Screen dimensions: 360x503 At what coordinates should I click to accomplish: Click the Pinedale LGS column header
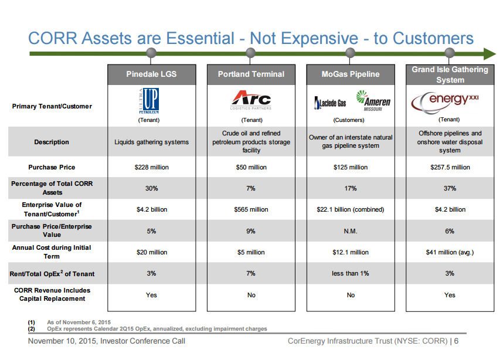[x=151, y=74]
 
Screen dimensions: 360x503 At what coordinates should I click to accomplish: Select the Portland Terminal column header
[x=251, y=74]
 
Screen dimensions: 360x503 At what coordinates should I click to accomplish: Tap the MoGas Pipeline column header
[x=351, y=74]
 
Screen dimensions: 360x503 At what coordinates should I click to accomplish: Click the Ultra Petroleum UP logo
[x=151, y=101]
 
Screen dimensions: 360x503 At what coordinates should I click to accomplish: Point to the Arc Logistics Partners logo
[x=251, y=100]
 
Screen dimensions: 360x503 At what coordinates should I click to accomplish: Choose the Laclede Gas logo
[x=331, y=103]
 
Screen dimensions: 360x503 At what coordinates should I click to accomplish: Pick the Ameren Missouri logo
[x=373, y=101]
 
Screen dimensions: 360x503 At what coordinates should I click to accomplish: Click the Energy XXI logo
[x=450, y=101]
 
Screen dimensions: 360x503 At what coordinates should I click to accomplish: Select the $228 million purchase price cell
[x=151, y=167]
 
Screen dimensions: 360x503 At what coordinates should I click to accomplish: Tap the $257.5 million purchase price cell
[x=450, y=167]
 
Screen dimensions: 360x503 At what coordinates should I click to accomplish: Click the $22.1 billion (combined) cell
[x=351, y=209]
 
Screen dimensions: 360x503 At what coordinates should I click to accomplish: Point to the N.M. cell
[x=351, y=231]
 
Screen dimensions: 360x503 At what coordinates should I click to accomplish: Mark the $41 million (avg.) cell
[x=450, y=252]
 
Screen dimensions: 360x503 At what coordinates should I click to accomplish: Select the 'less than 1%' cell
[x=351, y=274]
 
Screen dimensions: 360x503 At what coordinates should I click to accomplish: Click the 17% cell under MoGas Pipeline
[x=351, y=188]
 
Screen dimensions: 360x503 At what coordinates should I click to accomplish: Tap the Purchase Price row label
[x=52, y=167]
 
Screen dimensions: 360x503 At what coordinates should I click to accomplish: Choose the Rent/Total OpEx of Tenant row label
[x=52, y=274]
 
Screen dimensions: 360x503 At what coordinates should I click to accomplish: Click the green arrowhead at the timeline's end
[x=490, y=54]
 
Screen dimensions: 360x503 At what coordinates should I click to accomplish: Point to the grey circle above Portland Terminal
[x=251, y=53]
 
